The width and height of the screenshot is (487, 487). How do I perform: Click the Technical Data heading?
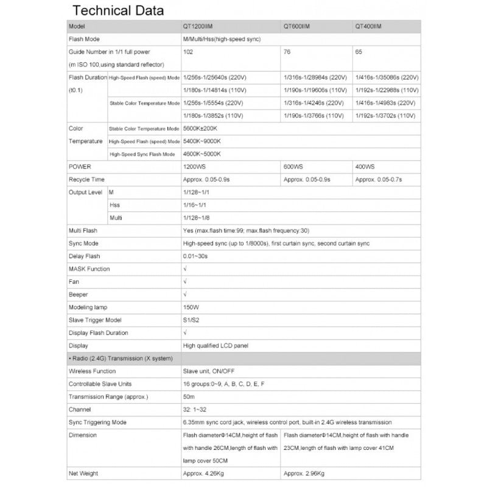tap(118, 12)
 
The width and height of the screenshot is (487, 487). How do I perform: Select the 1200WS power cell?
tap(195, 166)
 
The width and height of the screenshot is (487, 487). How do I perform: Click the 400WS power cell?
tap(365, 166)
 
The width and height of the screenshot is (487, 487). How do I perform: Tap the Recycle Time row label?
tap(86, 180)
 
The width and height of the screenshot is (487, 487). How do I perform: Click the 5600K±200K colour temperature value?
tap(201, 128)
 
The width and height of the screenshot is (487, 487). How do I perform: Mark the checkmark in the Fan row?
tap(184, 281)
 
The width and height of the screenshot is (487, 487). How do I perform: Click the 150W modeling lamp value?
tap(191, 307)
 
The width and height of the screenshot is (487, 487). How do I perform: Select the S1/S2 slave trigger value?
tap(191, 320)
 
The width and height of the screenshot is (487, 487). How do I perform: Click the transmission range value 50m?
tap(188, 396)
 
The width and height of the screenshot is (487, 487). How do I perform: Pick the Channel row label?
tap(80, 409)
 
